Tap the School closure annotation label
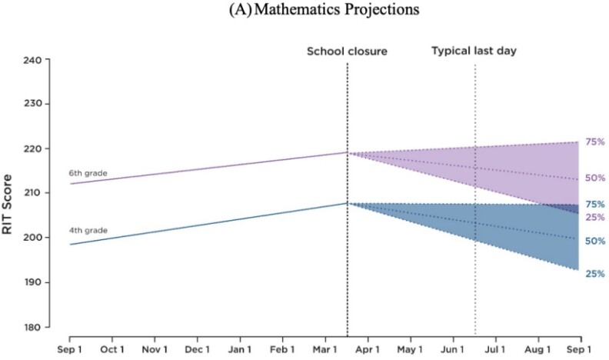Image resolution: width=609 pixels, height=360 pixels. (347, 52)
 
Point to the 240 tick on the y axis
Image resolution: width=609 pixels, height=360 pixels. (38, 60)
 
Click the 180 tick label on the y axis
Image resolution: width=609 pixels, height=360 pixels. (38, 328)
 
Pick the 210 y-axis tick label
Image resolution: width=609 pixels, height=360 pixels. (38, 194)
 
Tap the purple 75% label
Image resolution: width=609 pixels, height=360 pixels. (595, 142)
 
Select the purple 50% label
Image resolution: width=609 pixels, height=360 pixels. (595, 178)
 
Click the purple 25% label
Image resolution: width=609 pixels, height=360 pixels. (595, 217)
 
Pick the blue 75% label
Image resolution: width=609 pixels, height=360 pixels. (595, 204)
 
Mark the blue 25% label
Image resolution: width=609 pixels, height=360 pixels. (595, 273)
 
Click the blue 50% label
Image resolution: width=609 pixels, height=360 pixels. (595, 241)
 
